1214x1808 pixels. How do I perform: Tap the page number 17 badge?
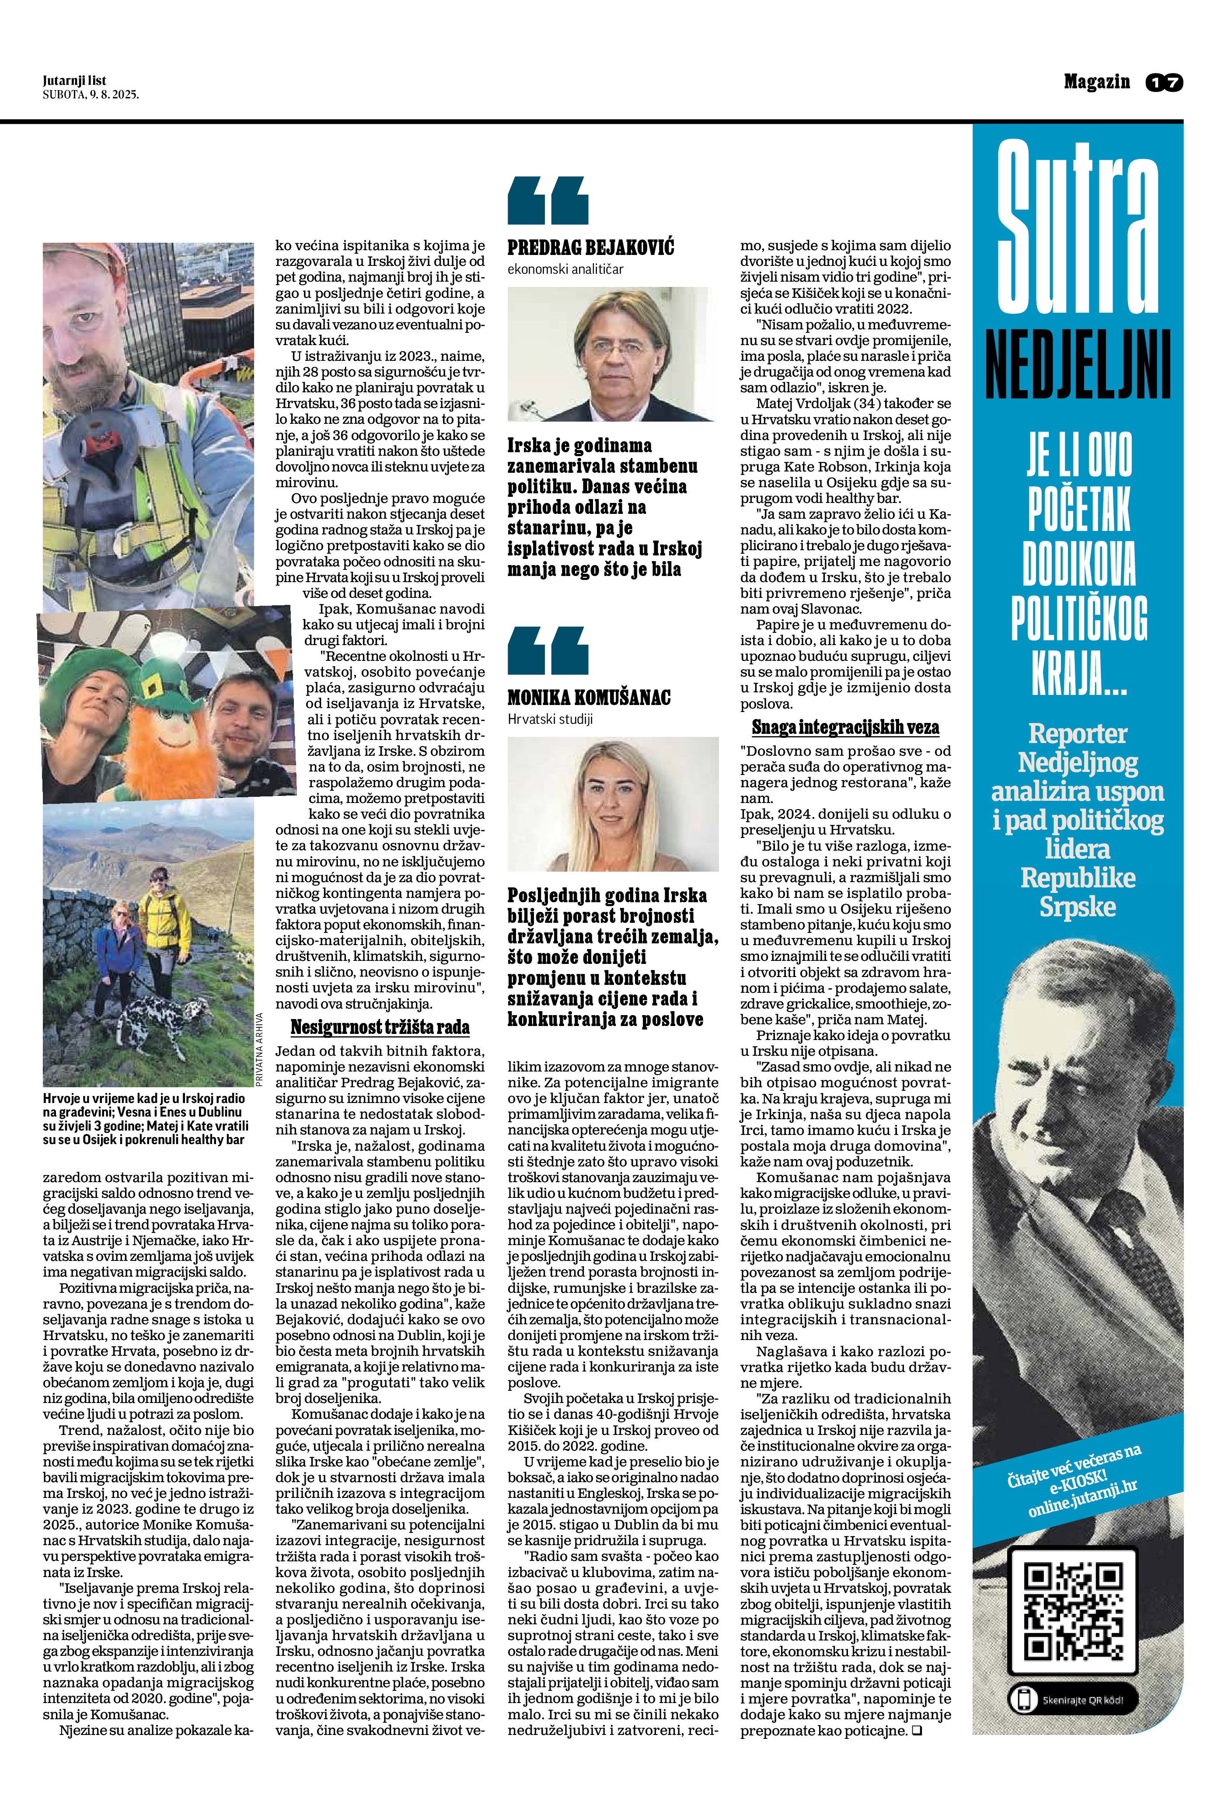(1165, 82)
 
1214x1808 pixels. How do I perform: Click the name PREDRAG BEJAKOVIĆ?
(591, 248)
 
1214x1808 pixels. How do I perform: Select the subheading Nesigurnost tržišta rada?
(380, 1027)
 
